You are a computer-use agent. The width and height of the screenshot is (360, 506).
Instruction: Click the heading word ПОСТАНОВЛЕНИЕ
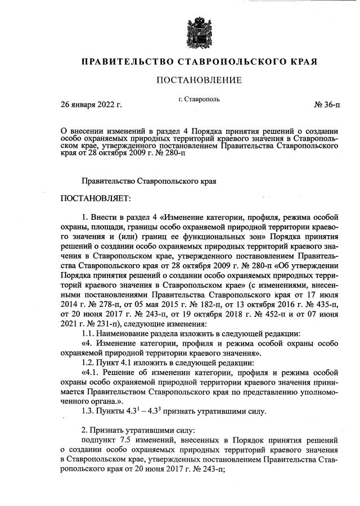199,80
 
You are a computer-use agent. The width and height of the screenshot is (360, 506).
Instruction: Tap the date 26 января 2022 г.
91,105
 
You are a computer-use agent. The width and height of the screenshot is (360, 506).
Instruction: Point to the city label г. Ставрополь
199,100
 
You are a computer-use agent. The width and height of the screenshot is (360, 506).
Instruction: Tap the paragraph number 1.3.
89,410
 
